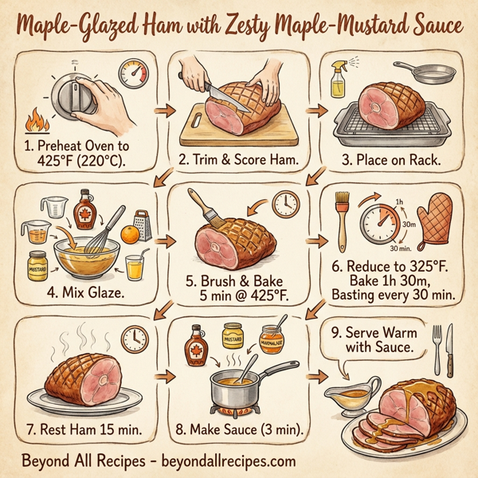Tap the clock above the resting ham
click(x=135, y=340)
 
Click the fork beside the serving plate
click(x=437, y=349)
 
